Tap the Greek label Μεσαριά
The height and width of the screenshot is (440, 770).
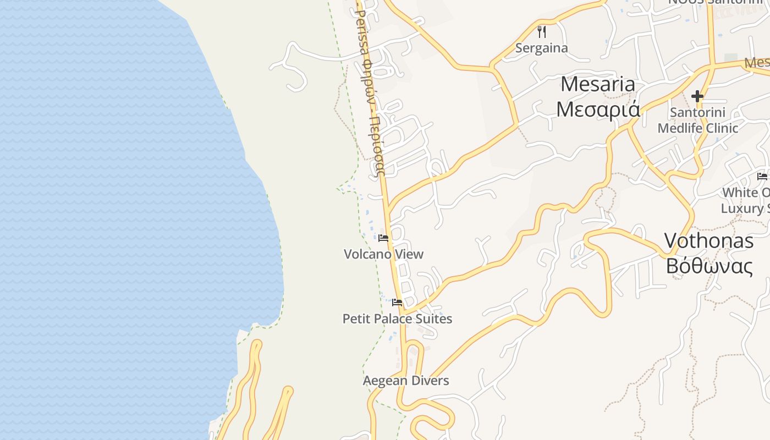pos(598,109)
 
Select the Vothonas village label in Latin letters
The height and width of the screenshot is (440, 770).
pos(708,240)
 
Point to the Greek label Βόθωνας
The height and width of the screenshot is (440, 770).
pos(708,266)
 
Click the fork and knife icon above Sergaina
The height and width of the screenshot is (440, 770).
pos(542,31)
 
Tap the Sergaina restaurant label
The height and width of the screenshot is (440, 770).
pos(541,48)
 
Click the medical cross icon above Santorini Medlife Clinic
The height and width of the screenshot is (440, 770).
pos(697,97)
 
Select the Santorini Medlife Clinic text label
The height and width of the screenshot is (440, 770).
pos(697,120)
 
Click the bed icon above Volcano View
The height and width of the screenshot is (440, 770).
pos(383,238)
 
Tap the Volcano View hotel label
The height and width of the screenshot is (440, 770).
pos(383,254)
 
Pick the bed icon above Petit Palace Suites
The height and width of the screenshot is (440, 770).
pos(397,302)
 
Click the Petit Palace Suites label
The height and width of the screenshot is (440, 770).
pos(397,319)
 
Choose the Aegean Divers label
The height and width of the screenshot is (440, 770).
pos(406,381)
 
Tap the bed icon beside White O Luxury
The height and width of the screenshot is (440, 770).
pos(762,177)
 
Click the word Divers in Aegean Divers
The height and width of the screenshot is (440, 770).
pos(428,381)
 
